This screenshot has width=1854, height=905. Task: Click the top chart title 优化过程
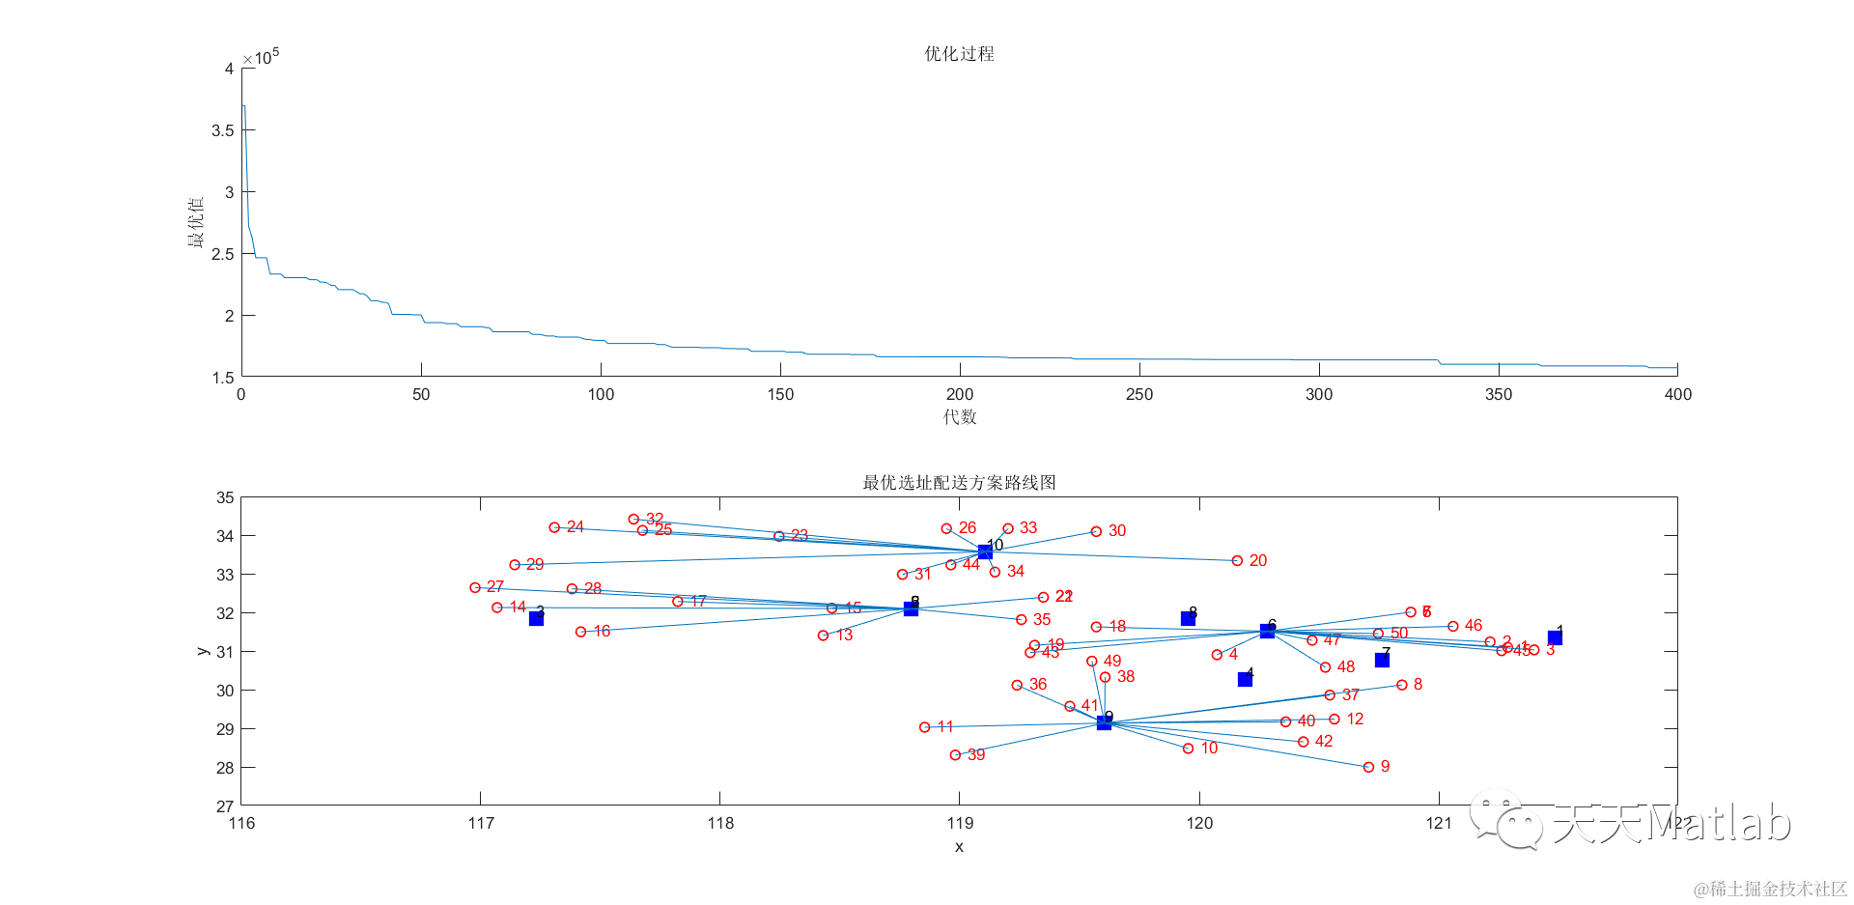click(959, 54)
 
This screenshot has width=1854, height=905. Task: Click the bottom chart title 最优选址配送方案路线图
click(959, 483)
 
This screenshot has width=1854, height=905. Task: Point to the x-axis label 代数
click(960, 417)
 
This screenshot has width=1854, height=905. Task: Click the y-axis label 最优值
click(196, 222)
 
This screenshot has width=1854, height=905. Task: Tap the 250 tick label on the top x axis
click(1139, 394)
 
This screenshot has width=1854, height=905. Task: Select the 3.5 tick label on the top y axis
click(223, 130)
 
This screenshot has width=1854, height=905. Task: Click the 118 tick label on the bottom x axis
click(720, 823)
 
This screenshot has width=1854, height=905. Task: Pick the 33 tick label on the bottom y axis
click(225, 575)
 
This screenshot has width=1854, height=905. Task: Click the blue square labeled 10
click(985, 552)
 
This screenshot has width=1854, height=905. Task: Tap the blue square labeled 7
click(1382, 660)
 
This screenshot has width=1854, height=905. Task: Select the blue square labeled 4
click(1245, 680)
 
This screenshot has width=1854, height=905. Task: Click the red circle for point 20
click(1237, 560)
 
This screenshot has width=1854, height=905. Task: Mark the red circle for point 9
click(1368, 767)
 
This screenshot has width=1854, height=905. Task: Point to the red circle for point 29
click(515, 565)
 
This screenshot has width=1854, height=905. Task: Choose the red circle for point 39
click(955, 755)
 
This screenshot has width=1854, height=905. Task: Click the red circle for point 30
click(1096, 531)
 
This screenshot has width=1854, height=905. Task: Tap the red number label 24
click(576, 526)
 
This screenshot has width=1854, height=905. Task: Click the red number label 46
click(1474, 625)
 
